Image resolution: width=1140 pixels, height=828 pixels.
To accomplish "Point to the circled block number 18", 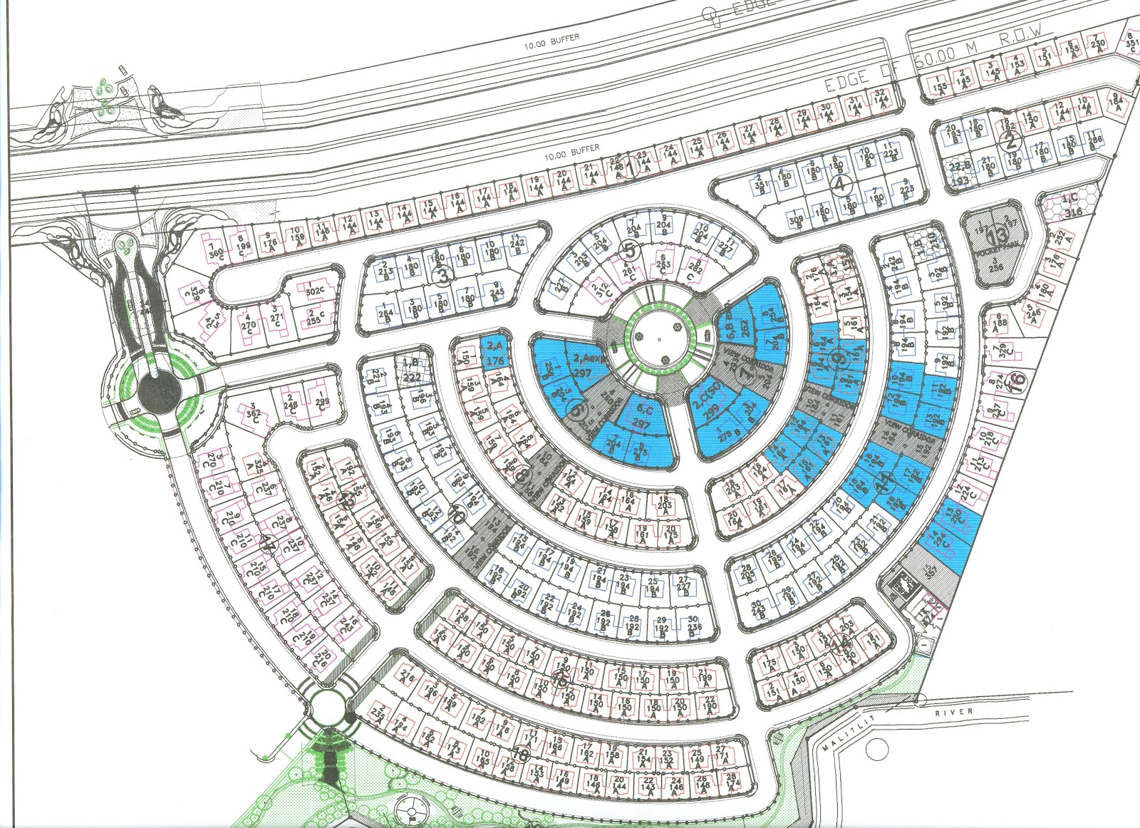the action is point(521,754).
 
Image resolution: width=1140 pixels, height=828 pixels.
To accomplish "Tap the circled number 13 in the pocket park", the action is point(999,237).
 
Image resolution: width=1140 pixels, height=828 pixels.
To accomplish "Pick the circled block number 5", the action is point(629,250).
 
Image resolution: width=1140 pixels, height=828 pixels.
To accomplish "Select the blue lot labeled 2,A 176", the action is point(494,353).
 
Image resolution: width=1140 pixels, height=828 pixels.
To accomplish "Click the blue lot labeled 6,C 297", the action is point(642,418).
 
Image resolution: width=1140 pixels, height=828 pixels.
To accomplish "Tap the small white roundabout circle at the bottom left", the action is point(328,707).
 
